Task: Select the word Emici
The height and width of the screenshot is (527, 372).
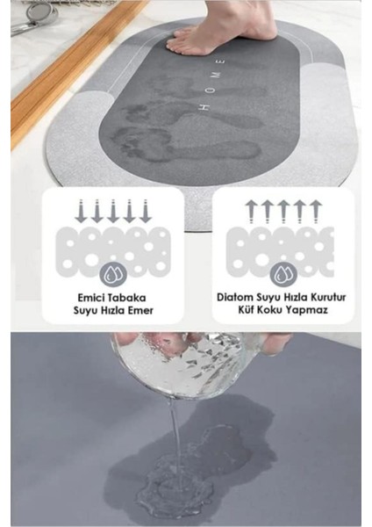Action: coord(90,298)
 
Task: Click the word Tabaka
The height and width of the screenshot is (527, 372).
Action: coord(130,298)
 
